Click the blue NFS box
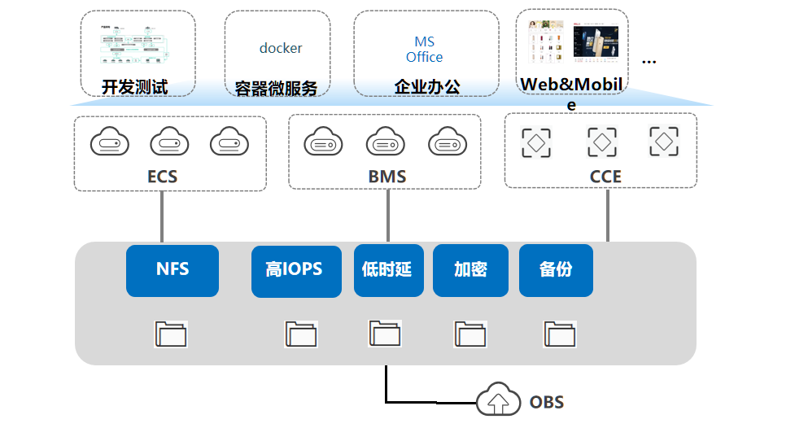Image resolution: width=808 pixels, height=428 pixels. click(x=173, y=270)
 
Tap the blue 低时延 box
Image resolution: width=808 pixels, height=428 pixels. click(x=388, y=270)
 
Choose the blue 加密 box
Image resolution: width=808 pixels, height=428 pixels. click(x=470, y=270)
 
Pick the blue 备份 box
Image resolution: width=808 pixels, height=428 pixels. click(x=556, y=270)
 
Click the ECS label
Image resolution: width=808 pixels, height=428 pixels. click(x=163, y=177)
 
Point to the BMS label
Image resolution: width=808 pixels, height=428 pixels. click(x=387, y=177)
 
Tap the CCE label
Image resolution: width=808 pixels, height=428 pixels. click(x=605, y=177)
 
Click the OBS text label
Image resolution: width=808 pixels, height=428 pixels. click(x=547, y=402)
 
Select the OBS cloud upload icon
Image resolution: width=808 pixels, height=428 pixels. click(x=498, y=400)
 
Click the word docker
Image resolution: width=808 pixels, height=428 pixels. click(x=281, y=48)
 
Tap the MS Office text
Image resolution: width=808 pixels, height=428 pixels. click(x=425, y=50)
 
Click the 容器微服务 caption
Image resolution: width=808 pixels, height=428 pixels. click(x=276, y=89)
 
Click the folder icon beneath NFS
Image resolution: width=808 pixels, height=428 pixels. click(x=171, y=334)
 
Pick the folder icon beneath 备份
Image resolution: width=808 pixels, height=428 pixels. click(x=559, y=334)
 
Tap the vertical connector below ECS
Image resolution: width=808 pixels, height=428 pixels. click(x=163, y=217)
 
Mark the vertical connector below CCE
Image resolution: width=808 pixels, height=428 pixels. click(x=608, y=216)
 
